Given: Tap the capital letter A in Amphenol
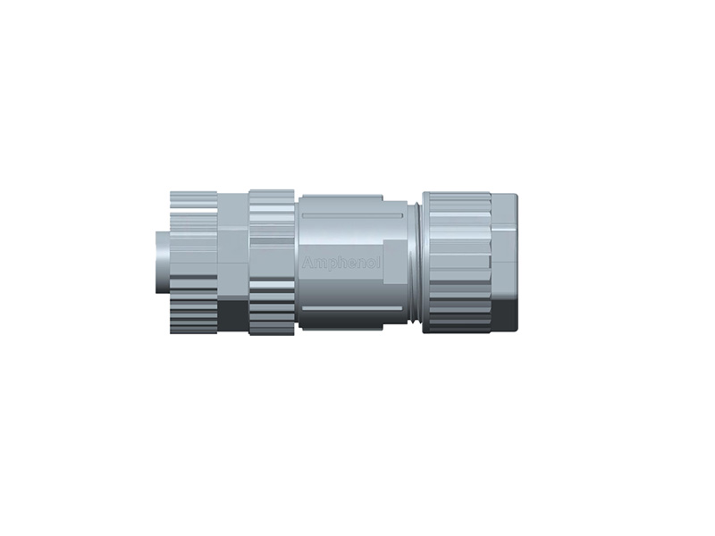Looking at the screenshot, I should pos(308,264).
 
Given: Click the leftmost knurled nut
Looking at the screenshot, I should pos(193,259).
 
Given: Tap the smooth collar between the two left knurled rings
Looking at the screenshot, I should pos(233,259).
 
